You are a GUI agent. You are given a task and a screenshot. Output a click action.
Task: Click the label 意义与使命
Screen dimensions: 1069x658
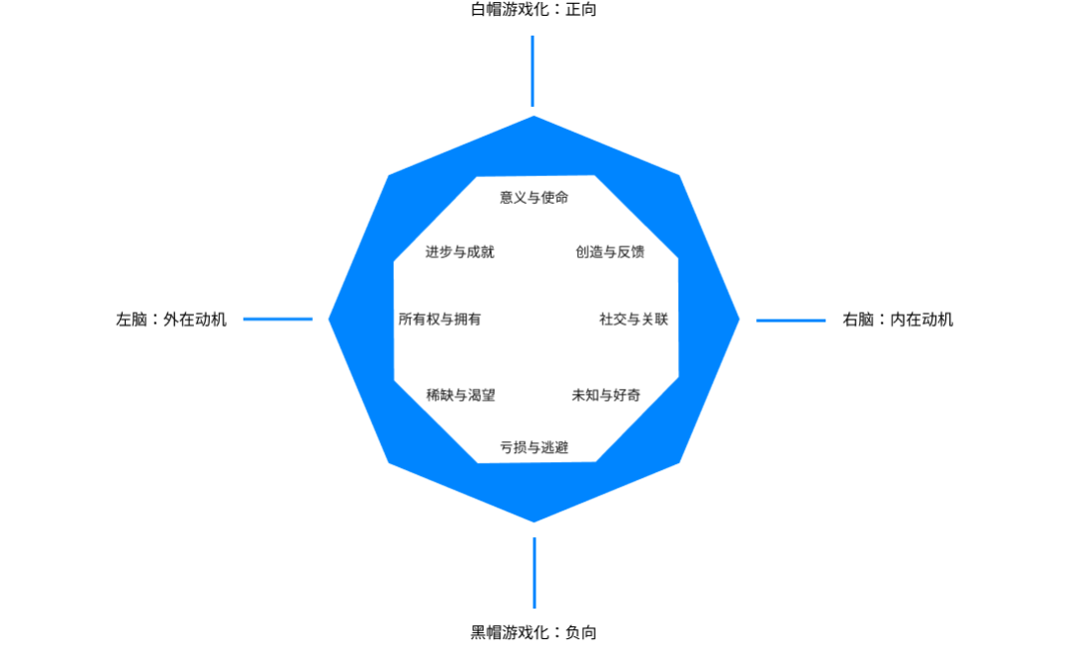[x=534, y=197]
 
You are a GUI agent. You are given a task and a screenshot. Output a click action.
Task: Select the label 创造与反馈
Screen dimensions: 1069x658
[x=610, y=251]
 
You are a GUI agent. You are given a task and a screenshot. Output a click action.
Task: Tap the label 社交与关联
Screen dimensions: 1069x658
[x=633, y=319]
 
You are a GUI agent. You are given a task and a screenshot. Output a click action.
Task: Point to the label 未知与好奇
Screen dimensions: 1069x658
[x=606, y=395]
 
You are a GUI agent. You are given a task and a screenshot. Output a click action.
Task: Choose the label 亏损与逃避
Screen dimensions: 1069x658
[x=534, y=447]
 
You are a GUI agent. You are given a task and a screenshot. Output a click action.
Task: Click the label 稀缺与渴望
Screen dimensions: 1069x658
[x=460, y=395]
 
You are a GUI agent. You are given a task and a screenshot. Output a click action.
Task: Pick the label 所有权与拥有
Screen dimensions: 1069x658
[x=439, y=319]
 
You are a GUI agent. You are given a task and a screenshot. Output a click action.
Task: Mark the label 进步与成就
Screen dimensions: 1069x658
[x=459, y=251]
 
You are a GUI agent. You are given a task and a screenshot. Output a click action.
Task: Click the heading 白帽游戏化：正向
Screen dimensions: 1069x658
[x=534, y=10]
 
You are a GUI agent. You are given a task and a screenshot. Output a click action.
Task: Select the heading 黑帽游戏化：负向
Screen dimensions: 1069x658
[x=534, y=632]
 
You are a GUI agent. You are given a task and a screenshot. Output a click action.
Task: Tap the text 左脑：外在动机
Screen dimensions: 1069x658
[x=171, y=319]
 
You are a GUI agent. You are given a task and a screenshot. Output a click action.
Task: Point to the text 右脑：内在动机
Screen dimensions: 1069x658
[x=898, y=319]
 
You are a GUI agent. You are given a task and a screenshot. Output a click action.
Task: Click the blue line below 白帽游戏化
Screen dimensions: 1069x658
[x=533, y=71]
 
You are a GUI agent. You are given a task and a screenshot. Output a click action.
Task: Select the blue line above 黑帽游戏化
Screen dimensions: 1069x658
[x=534, y=573]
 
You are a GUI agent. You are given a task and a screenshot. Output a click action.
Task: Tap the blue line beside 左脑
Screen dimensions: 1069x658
[x=278, y=319]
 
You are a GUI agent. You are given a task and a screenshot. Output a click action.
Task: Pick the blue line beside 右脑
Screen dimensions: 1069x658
[x=791, y=320]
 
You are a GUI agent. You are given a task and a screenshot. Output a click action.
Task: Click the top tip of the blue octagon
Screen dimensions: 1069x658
[x=534, y=119]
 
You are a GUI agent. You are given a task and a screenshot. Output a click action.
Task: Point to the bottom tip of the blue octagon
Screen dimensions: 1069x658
[x=534, y=519]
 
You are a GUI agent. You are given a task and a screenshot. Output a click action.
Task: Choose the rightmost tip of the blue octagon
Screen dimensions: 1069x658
[x=737, y=319]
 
